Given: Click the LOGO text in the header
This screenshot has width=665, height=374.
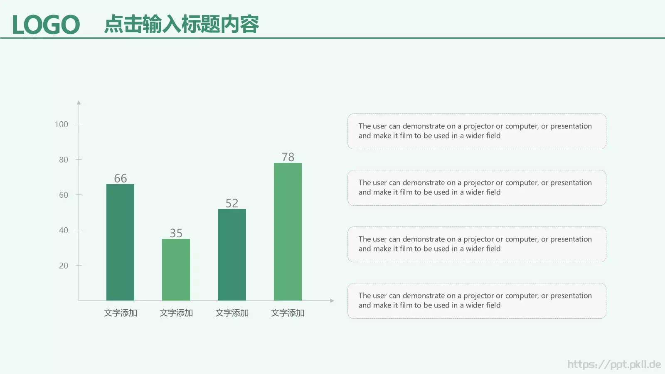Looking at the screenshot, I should [x=46, y=25].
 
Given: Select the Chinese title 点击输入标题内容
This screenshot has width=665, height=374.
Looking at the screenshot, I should [x=181, y=24].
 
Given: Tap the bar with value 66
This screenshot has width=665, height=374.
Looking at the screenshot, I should [x=120, y=242].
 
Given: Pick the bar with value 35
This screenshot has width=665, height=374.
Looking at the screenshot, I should [x=176, y=270].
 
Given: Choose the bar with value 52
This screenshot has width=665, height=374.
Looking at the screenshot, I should [x=232, y=255].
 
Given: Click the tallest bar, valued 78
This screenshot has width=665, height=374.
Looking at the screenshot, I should [x=288, y=231].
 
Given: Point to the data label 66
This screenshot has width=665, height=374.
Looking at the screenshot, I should [x=121, y=178].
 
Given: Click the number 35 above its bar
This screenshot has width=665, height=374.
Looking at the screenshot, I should [x=176, y=233].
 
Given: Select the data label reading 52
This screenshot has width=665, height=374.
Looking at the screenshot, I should [x=232, y=203].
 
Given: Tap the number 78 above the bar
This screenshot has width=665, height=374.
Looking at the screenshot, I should [x=288, y=157].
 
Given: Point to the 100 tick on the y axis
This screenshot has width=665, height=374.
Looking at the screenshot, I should [x=62, y=124].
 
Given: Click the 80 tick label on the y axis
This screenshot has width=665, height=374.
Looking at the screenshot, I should [x=64, y=160].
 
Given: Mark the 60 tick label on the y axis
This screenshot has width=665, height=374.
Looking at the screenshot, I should [x=64, y=195].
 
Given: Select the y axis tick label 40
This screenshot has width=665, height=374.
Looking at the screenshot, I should [x=64, y=230].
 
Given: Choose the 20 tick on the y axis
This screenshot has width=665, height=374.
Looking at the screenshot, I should [x=64, y=266].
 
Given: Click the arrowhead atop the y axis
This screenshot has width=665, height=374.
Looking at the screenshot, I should [x=79, y=102].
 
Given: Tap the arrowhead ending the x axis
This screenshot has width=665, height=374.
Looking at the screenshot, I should [x=332, y=300].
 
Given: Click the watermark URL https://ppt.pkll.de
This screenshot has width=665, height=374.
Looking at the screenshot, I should [x=614, y=364].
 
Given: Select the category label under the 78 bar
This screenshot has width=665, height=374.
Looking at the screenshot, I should [x=288, y=313].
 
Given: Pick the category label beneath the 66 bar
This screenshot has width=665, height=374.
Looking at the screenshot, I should [x=121, y=313].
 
